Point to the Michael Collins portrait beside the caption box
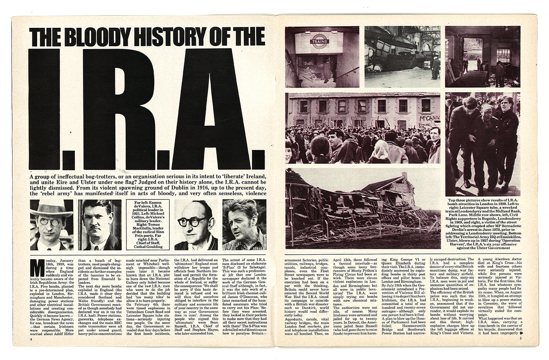pos(99,225)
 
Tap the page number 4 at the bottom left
pos(30,350)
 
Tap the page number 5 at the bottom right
pos(520,350)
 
